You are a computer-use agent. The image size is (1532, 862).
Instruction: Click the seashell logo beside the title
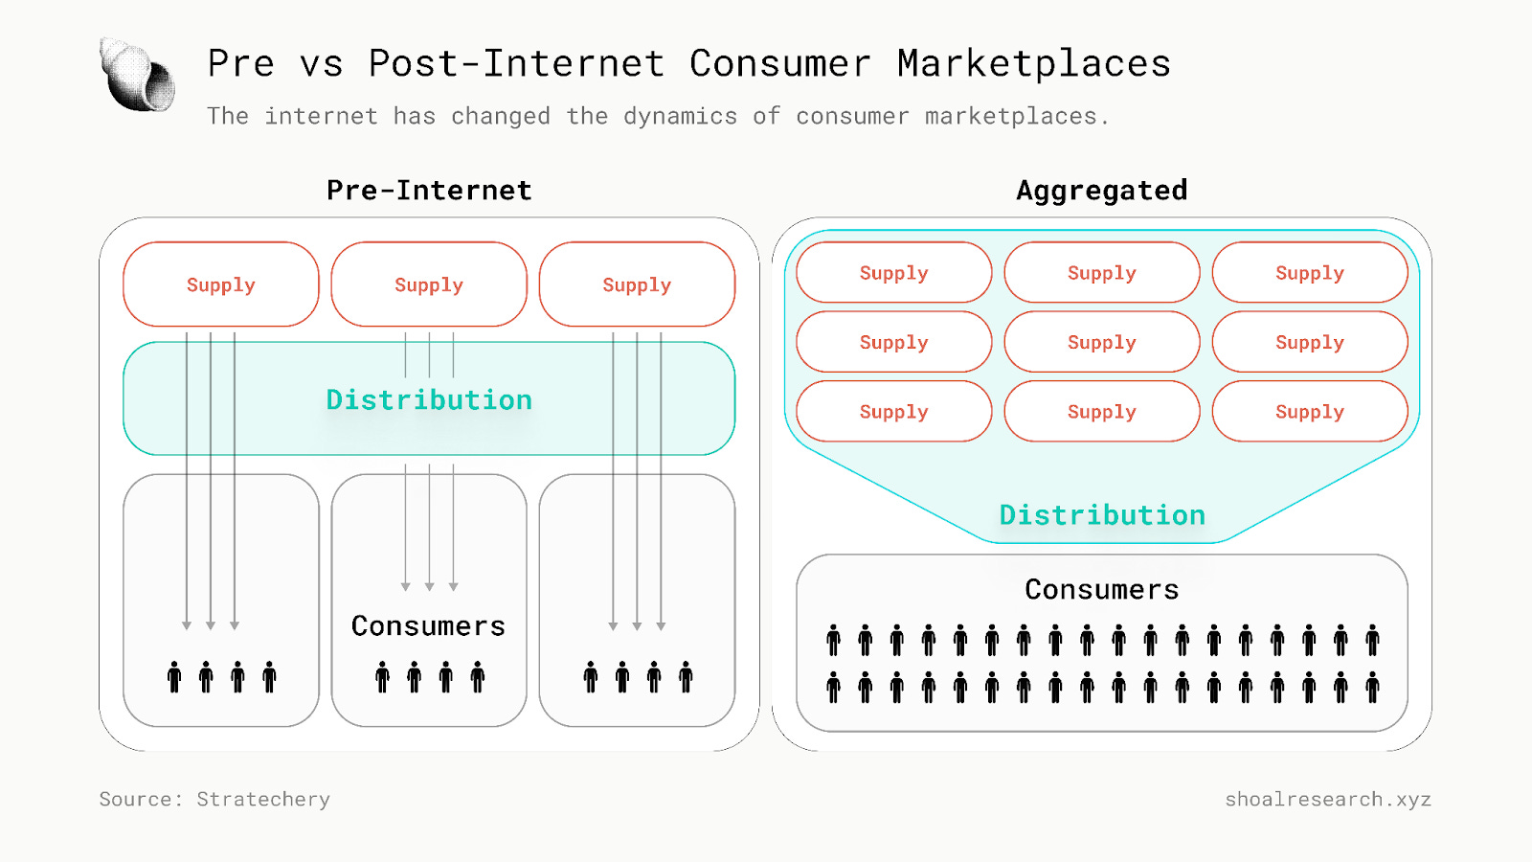[138, 75]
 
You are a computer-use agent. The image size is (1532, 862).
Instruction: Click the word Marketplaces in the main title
[1034, 64]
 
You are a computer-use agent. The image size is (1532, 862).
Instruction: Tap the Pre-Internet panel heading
[429, 191]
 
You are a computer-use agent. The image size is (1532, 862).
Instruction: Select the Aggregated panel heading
[1101, 191]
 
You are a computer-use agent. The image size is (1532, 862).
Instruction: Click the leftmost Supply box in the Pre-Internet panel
[221, 284]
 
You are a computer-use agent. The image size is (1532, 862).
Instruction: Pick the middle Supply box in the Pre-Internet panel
[429, 284]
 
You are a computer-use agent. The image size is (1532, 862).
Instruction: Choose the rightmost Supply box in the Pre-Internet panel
[637, 284]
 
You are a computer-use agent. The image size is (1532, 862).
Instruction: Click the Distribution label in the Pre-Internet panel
[429, 399]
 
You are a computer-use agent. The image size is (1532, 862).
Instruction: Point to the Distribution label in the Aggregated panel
[1102, 515]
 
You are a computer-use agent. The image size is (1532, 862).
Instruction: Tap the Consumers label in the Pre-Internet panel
[428, 626]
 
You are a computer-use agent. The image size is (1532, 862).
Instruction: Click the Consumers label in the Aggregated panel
[1101, 590]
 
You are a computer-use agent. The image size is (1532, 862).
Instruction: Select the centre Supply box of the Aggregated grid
[1101, 342]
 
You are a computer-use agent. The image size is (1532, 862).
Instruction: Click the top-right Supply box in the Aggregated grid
[1310, 273]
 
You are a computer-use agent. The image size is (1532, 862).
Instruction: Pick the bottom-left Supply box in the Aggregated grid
[893, 412]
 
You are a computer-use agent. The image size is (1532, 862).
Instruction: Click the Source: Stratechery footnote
[214, 799]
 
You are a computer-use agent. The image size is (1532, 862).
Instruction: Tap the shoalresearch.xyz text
[1328, 799]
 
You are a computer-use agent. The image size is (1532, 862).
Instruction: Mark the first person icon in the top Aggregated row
[834, 640]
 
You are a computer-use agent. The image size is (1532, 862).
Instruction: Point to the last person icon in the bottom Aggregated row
[1372, 687]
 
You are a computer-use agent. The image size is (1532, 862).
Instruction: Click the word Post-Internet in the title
[516, 64]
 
